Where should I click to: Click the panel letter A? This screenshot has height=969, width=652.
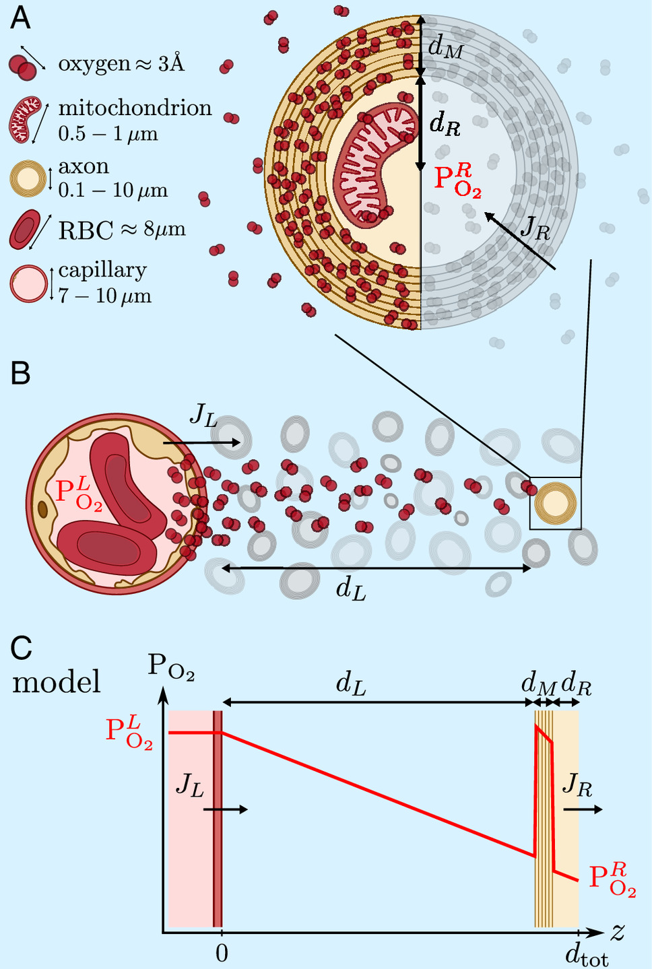[21, 18]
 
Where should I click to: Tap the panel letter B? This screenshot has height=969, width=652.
[21, 372]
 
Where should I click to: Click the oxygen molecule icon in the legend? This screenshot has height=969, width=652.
[23, 66]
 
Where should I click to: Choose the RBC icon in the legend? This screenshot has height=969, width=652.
[26, 230]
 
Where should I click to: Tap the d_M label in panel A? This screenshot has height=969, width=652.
[445, 46]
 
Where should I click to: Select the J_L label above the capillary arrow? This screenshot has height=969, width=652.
[203, 415]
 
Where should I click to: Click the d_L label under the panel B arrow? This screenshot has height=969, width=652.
[352, 589]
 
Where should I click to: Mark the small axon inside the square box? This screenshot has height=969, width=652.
[556, 503]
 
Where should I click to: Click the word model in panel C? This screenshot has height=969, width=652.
[57, 681]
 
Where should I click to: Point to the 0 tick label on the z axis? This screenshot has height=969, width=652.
[222, 954]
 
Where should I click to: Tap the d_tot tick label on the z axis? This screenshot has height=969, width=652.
[585, 955]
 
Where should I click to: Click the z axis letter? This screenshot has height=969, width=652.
[618, 932]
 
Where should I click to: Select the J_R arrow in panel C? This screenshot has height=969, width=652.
[583, 809]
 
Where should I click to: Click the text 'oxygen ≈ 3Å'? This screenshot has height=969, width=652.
[121, 64]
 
